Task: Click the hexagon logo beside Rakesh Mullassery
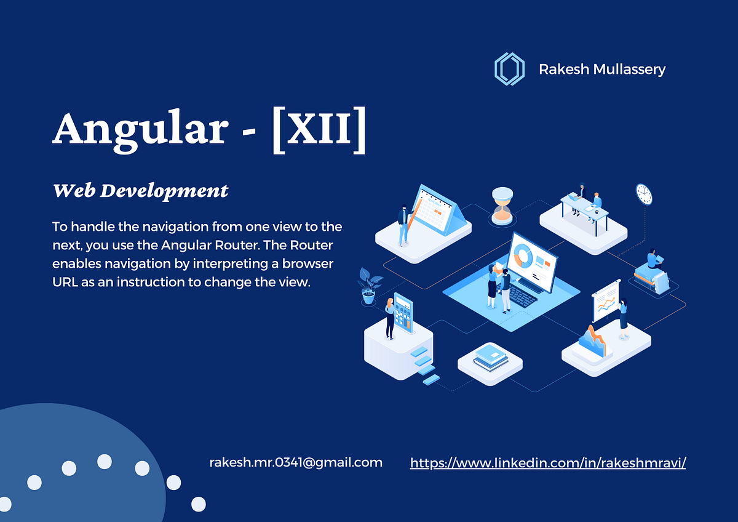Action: [509, 68]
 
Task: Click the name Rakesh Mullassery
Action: [601, 69]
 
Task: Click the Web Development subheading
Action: [140, 191]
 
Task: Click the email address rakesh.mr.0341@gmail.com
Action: [296, 462]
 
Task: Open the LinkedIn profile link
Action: [547, 463]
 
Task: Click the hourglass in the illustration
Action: [502, 205]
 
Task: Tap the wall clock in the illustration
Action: [643, 194]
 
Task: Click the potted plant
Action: [369, 285]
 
